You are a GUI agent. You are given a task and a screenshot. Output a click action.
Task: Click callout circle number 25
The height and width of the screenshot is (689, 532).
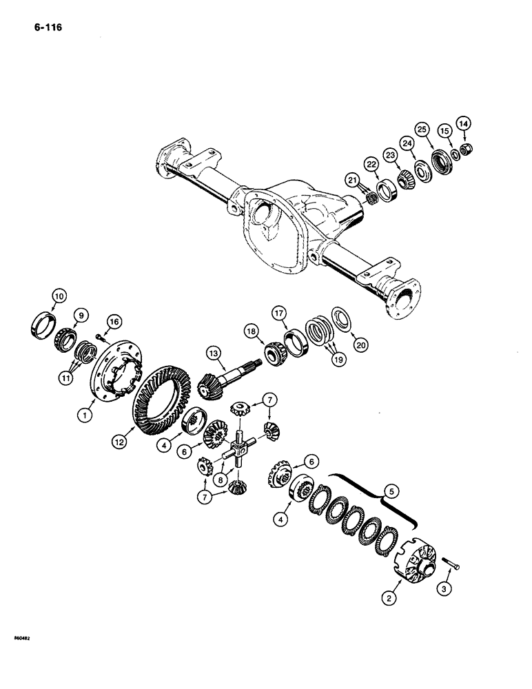pyautogui.click(x=422, y=129)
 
